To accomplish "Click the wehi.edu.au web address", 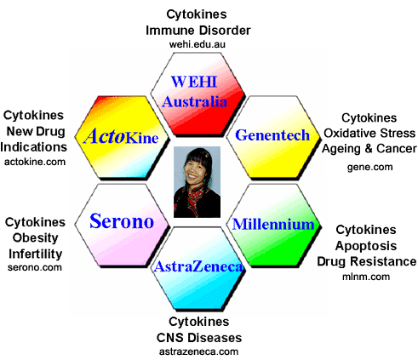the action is (x=198, y=44).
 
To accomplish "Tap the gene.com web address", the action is (x=370, y=167).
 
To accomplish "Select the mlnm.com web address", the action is (x=366, y=277).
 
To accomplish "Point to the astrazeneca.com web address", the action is (x=198, y=351).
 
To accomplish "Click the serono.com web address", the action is (x=35, y=267).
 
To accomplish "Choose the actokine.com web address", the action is (x=35, y=162).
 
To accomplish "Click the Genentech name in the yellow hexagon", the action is (x=272, y=135).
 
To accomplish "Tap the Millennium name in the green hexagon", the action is (x=273, y=224).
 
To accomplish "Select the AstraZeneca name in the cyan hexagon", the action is (x=198, y=266).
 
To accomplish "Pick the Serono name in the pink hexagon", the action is (x=122, y=221).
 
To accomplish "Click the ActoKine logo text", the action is (x=121, y=136).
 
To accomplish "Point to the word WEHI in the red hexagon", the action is (x=194, y=82).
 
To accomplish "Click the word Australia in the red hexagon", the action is (x=194, y=101).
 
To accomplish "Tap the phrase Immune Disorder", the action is (x=198, y=31).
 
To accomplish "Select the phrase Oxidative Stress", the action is (x=369, y=133).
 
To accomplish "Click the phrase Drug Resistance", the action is (x=367, y=261).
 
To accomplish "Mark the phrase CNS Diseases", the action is (x=199, y=338).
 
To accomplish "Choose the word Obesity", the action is (x=35, y=237).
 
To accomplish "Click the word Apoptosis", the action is (x=366, y=246).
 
